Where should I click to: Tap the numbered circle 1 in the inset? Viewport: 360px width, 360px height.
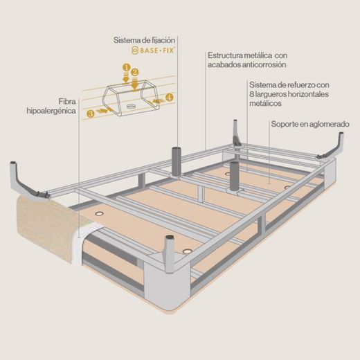pos(127,68)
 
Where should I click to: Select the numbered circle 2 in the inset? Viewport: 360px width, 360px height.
pos(135,73)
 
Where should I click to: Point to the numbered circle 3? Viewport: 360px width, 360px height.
pos(91,114)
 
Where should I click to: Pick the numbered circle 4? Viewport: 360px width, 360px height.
pos(170,98)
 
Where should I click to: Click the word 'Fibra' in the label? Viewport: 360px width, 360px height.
pos(67,101)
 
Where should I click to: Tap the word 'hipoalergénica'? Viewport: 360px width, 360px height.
pos(51,111)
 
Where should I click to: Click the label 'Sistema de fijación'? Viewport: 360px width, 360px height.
pos(144,40)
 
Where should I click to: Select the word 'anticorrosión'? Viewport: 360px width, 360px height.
pos(264,64)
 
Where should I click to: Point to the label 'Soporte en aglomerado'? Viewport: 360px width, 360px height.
pos(310,124)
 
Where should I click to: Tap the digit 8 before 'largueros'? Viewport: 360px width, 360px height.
pos(251,94)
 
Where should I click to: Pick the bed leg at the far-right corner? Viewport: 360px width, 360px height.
pos(334,147)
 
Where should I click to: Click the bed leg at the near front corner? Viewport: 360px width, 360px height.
pos(170,254)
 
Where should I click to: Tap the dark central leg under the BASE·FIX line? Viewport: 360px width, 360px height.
pos(177,161)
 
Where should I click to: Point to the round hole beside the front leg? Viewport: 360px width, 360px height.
pos(186,251)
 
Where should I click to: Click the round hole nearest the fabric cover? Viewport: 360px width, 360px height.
pos(100,214)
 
